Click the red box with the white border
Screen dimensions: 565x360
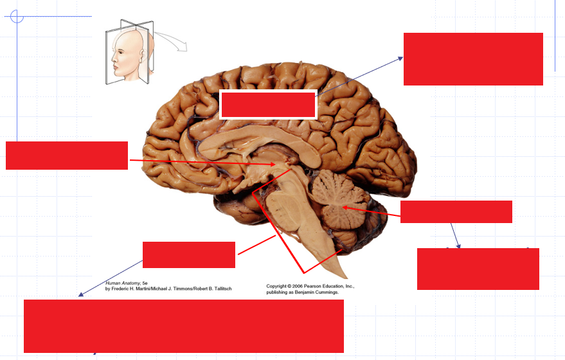click(x=268, y=105)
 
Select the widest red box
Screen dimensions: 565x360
click(x=183, y=326)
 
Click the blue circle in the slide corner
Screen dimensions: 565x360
click(x=17, y=16)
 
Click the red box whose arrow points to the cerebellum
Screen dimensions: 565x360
click(x=456, y=212)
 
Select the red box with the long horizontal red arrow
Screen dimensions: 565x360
click(x=67, y=156)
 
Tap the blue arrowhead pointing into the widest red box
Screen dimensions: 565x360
click(x=80, y=295)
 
